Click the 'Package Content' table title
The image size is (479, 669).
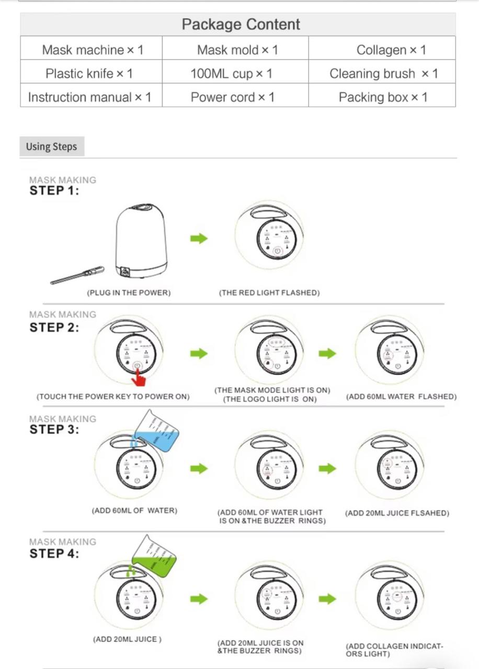tap(241, 24)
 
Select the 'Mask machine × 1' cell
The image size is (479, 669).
tap(92, 50)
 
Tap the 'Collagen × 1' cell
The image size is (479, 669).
tap(391, 50)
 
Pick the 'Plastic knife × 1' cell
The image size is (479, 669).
tap(89, 74)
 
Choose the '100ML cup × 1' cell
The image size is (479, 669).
tap(231, 74)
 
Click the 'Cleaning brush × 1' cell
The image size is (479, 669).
tap(383, 74)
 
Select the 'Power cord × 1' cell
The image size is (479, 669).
tap(232, 97)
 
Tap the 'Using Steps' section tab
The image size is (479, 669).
tap(51, 147)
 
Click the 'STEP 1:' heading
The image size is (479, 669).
tap(54, 191)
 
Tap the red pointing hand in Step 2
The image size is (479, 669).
tap(138, 376)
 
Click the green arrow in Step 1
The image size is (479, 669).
tap(199, 239)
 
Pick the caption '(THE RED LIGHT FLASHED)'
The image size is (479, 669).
tap(269, 293)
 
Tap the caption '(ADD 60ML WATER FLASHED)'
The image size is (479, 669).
tap(401, 397)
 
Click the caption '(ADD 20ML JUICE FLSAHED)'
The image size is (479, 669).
tap(397, 513)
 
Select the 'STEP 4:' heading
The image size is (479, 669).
tap(54, 554)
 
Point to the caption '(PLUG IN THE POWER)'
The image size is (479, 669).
tap(129, 293)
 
